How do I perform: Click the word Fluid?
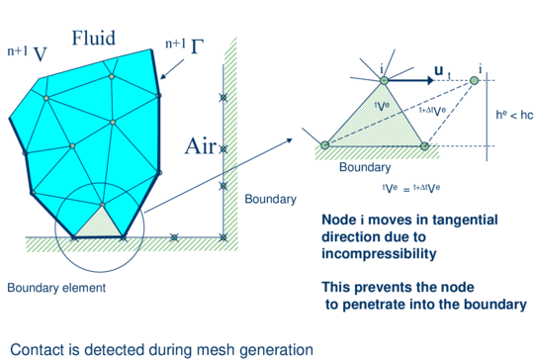click(93, 39)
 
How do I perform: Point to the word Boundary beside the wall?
click(270, 199)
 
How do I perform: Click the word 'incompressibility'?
click(377, 255)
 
